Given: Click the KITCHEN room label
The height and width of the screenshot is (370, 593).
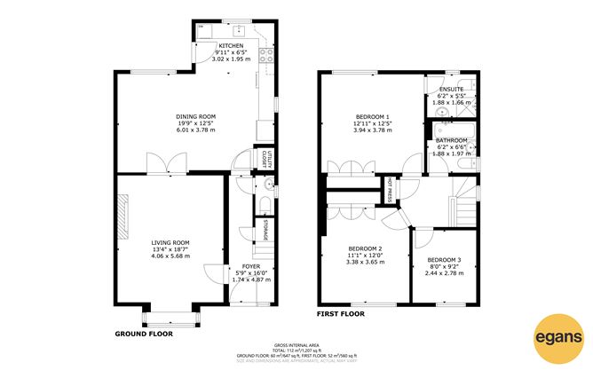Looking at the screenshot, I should pyautogui.click(x=232, y=45).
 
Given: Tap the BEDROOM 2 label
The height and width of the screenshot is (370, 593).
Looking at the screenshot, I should pyautogui.click(x=365, y=248).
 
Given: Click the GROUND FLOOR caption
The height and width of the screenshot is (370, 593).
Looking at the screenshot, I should pyautogui.click(x=144, y=335).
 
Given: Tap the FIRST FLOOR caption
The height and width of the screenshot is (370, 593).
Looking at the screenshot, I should pyautogui.click(x=341, y=314).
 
